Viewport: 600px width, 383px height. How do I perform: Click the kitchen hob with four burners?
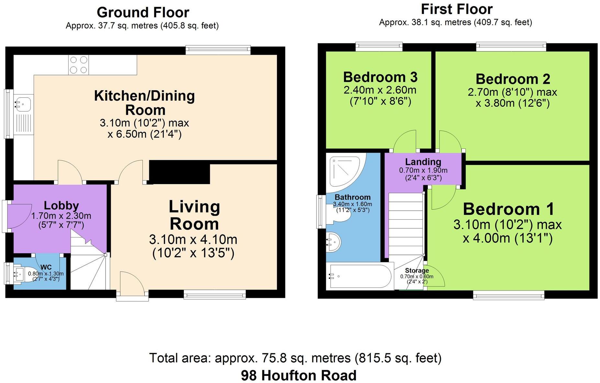click(x=79, y=65)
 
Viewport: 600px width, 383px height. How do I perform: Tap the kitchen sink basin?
click(x=22, y=104)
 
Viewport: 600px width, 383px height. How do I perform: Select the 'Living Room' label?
click(x=194, y=215)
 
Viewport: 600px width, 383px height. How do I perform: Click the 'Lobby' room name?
click(x=61, y=205)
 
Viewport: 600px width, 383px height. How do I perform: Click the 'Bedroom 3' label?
click(x=380, y=77)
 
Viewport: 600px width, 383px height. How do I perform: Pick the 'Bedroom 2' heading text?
click(x=513, y=79)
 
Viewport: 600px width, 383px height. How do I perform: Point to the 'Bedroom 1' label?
click(x=508, y=209)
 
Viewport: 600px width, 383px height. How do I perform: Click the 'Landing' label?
click(x=423, y=162)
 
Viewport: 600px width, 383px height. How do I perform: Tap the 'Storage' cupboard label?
click(x=417, y=270)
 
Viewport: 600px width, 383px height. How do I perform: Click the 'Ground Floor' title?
click(x=143, y=12)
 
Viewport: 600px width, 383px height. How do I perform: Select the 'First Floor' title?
click(x=457, y=9)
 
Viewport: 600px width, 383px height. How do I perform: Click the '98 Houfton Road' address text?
click(x=299, y=375)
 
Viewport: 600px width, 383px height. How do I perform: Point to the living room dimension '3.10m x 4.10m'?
click(x=193, y=239)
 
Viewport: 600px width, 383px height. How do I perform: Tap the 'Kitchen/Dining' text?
click(x=144, y=96)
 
